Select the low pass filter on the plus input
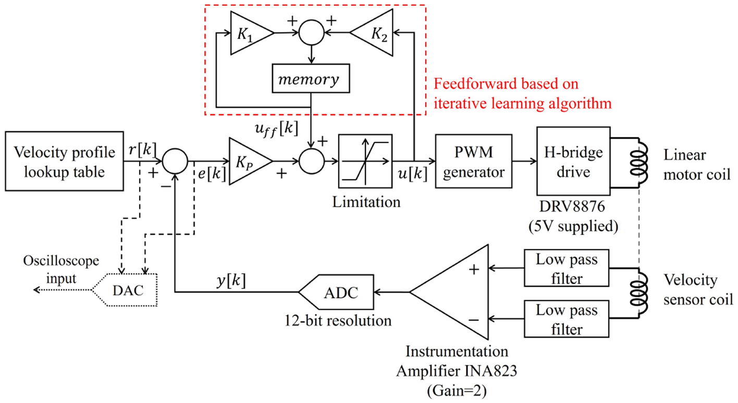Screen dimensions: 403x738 (x=567, y=269)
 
